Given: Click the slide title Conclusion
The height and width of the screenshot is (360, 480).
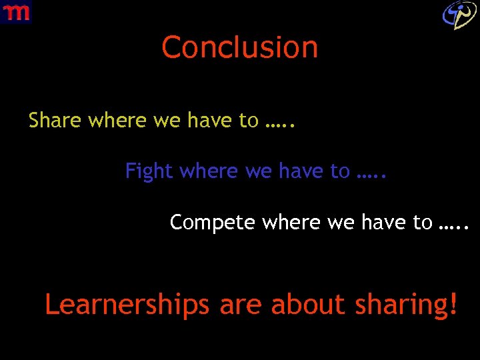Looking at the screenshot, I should [240, 48].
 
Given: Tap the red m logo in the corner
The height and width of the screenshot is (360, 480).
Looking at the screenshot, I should [16, 11].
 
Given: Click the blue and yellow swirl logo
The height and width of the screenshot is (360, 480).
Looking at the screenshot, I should [460, 14].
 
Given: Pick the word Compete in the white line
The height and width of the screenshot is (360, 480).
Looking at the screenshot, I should [213, 223].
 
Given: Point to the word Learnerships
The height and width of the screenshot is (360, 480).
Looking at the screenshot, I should [127, 305].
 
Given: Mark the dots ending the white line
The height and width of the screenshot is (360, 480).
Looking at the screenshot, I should [455, 223].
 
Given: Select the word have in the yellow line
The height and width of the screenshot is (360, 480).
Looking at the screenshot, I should [209, 121].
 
